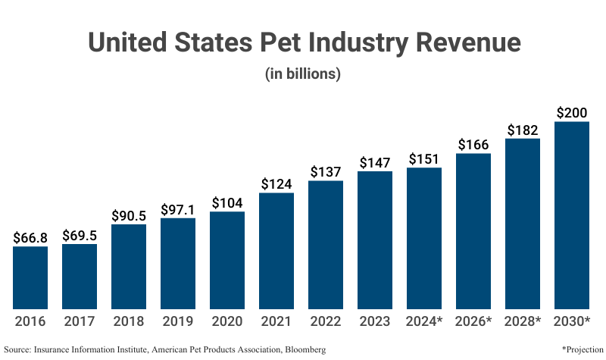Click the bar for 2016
(30, 277)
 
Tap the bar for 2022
(326, 244)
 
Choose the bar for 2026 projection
(473, 230)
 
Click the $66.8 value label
(30, 237)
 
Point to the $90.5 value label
(129, 215)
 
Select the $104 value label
(227, 202)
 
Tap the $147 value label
(375, 162)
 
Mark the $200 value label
(572, 112)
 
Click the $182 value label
(523, 130)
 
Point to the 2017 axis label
(80, 321)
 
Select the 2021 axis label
(276, 321)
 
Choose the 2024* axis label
(424, 321)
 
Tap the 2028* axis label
(523, 321)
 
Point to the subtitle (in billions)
(303, 74)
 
